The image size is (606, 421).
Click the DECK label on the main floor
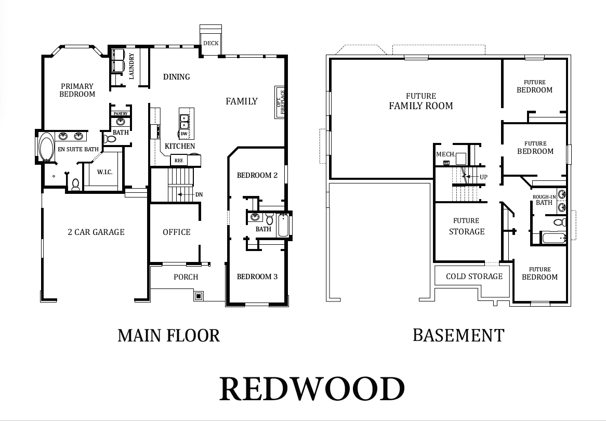click(x=210, y=43)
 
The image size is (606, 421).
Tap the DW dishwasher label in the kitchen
click(x=184, y=134)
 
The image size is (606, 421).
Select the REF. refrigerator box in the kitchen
click(x=179, y=160)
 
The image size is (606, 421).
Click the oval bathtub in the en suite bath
click(x=46, y=147)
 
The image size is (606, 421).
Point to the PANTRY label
click(x=121, y=114)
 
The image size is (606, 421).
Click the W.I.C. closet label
click(x=105, y=172)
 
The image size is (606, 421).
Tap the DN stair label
click(x=199, y=194)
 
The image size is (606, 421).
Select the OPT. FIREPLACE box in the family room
click(x=280, y=102)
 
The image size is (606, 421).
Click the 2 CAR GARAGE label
click(x=96, y=232)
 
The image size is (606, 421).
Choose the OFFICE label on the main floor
click(x=177, y=232)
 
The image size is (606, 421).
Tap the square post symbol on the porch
click(x=199, y=296)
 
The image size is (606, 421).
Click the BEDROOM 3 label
click(x=257, y=277)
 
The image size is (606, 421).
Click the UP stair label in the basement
click(x=483, y=177)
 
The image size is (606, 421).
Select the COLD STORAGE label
click(x=474, y=277)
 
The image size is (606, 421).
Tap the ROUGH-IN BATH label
click(x=544, y=200)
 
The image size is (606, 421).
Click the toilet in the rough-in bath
click(x=559, y=222)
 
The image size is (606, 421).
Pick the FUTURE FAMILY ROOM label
click(x=421, y=101)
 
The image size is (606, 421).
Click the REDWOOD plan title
click(x=312, y=389)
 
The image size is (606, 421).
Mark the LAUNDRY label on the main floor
click(x=131, y=66)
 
